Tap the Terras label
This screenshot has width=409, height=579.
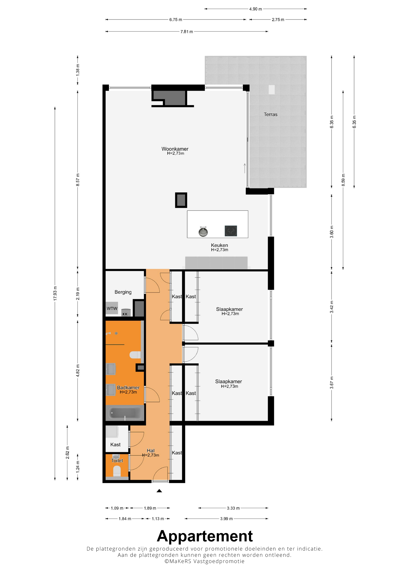coord(270,114)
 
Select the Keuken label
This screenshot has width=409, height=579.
coord(219,245)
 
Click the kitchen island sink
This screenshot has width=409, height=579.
coord(203,232)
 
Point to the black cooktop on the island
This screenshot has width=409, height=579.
coord(231,231)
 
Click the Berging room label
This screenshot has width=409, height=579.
coord(123,292)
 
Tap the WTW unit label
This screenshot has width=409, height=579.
coord(112,309)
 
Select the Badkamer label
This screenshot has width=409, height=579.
coord(128,387)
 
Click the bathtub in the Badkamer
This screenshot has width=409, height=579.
coord(125,413)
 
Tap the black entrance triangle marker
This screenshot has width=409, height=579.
coord(159,491)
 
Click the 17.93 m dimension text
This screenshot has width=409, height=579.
coord(55,293)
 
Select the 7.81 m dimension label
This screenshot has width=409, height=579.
coord(186,32)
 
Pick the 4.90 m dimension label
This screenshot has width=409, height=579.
coord(256,9)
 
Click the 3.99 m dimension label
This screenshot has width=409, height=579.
coord(226,519)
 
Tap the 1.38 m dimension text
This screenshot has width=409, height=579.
coord(78,70)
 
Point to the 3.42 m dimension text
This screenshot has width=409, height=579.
coord(332,307)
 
